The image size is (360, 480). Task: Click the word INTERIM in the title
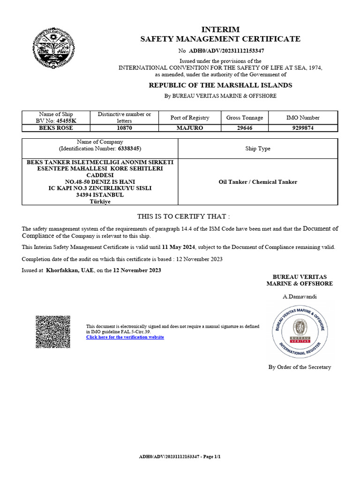click(220, 29)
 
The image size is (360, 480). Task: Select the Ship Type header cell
click(258, 149)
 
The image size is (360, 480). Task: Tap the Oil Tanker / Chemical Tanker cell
click(258, 182)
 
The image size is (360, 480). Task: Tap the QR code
click(53, 331)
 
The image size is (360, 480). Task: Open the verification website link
click(125, 337)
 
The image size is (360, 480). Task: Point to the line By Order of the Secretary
click(300, 367)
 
